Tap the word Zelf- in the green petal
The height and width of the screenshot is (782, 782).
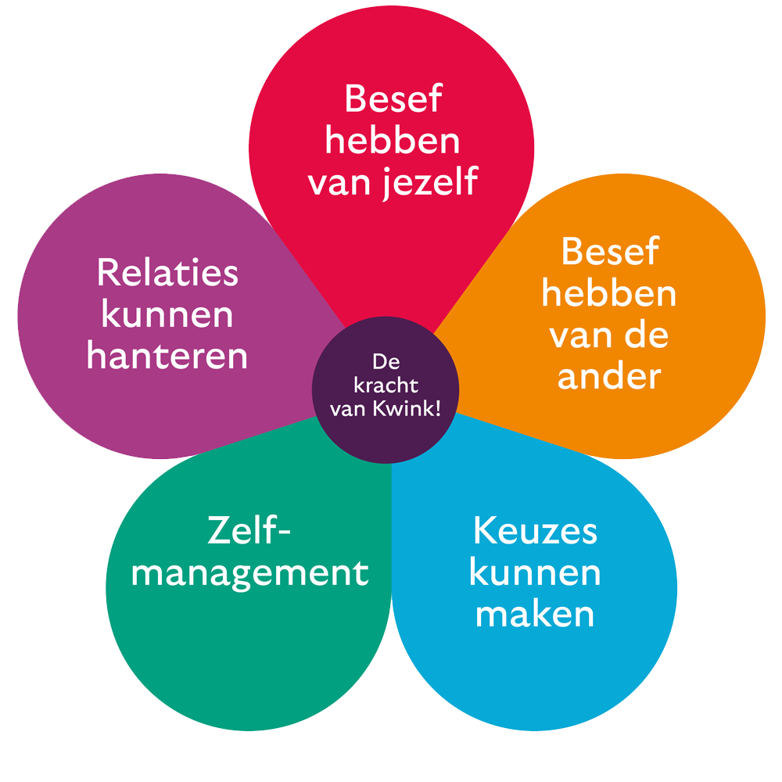click(x=249, y=532)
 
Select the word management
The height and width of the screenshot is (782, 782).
click(x=249, y=573)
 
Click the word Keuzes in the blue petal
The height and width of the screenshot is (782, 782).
click(x=535, y=532)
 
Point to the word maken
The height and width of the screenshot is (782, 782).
click(x=535, y=614)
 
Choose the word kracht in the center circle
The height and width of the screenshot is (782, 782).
click(x=386, y=386)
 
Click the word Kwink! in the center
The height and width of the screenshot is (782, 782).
click(x=413, y=408)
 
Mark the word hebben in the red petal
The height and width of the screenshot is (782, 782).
click(x=393, y=142)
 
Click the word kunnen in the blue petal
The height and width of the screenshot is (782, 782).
click(x=535, y=573)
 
